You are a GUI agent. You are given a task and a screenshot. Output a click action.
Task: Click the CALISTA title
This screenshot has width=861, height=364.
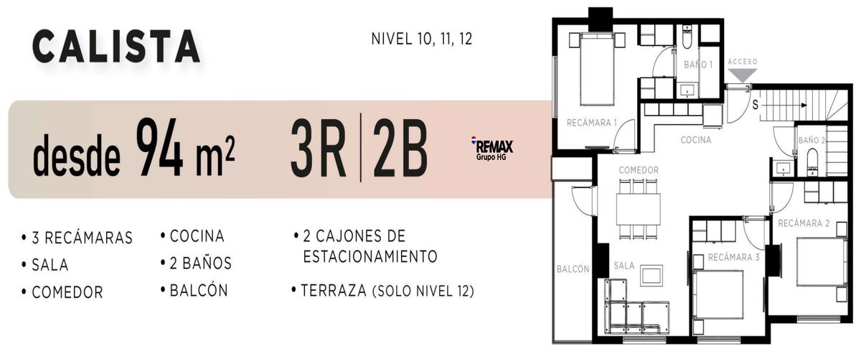116,47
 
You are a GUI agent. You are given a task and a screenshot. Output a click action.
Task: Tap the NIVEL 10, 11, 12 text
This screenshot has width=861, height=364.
422,39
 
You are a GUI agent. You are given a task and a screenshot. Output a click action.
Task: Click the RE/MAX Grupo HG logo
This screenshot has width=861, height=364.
492,148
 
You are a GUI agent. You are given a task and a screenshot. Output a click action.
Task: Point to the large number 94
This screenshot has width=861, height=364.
159,148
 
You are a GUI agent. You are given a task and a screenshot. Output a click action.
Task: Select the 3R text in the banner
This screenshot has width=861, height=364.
319,149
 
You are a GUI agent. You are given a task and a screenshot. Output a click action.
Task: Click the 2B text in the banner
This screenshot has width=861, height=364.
400,149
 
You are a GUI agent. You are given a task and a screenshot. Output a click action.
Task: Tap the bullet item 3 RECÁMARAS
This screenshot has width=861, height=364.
77,238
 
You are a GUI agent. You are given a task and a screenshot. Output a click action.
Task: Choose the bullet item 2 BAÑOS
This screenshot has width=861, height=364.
196,263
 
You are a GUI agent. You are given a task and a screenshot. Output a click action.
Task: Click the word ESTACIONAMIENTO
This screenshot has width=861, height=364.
370,256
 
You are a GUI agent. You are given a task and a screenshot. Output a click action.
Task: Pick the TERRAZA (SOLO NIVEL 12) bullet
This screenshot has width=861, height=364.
383,291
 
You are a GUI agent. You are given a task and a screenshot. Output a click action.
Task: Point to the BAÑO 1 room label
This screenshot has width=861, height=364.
698,65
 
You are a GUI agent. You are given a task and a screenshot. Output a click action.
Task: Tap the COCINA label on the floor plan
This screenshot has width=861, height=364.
696,140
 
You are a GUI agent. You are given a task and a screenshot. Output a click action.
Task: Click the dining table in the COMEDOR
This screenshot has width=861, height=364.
639,210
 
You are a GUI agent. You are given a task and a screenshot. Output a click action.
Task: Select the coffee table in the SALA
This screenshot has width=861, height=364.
651,276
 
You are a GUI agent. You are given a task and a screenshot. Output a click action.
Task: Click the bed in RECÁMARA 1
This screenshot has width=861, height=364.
596,69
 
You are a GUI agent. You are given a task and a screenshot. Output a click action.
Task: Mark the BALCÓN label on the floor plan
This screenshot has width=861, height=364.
573,269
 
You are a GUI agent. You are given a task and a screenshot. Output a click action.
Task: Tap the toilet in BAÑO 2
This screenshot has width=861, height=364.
811,162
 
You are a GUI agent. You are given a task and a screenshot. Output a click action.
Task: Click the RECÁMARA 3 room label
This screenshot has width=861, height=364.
734,258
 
